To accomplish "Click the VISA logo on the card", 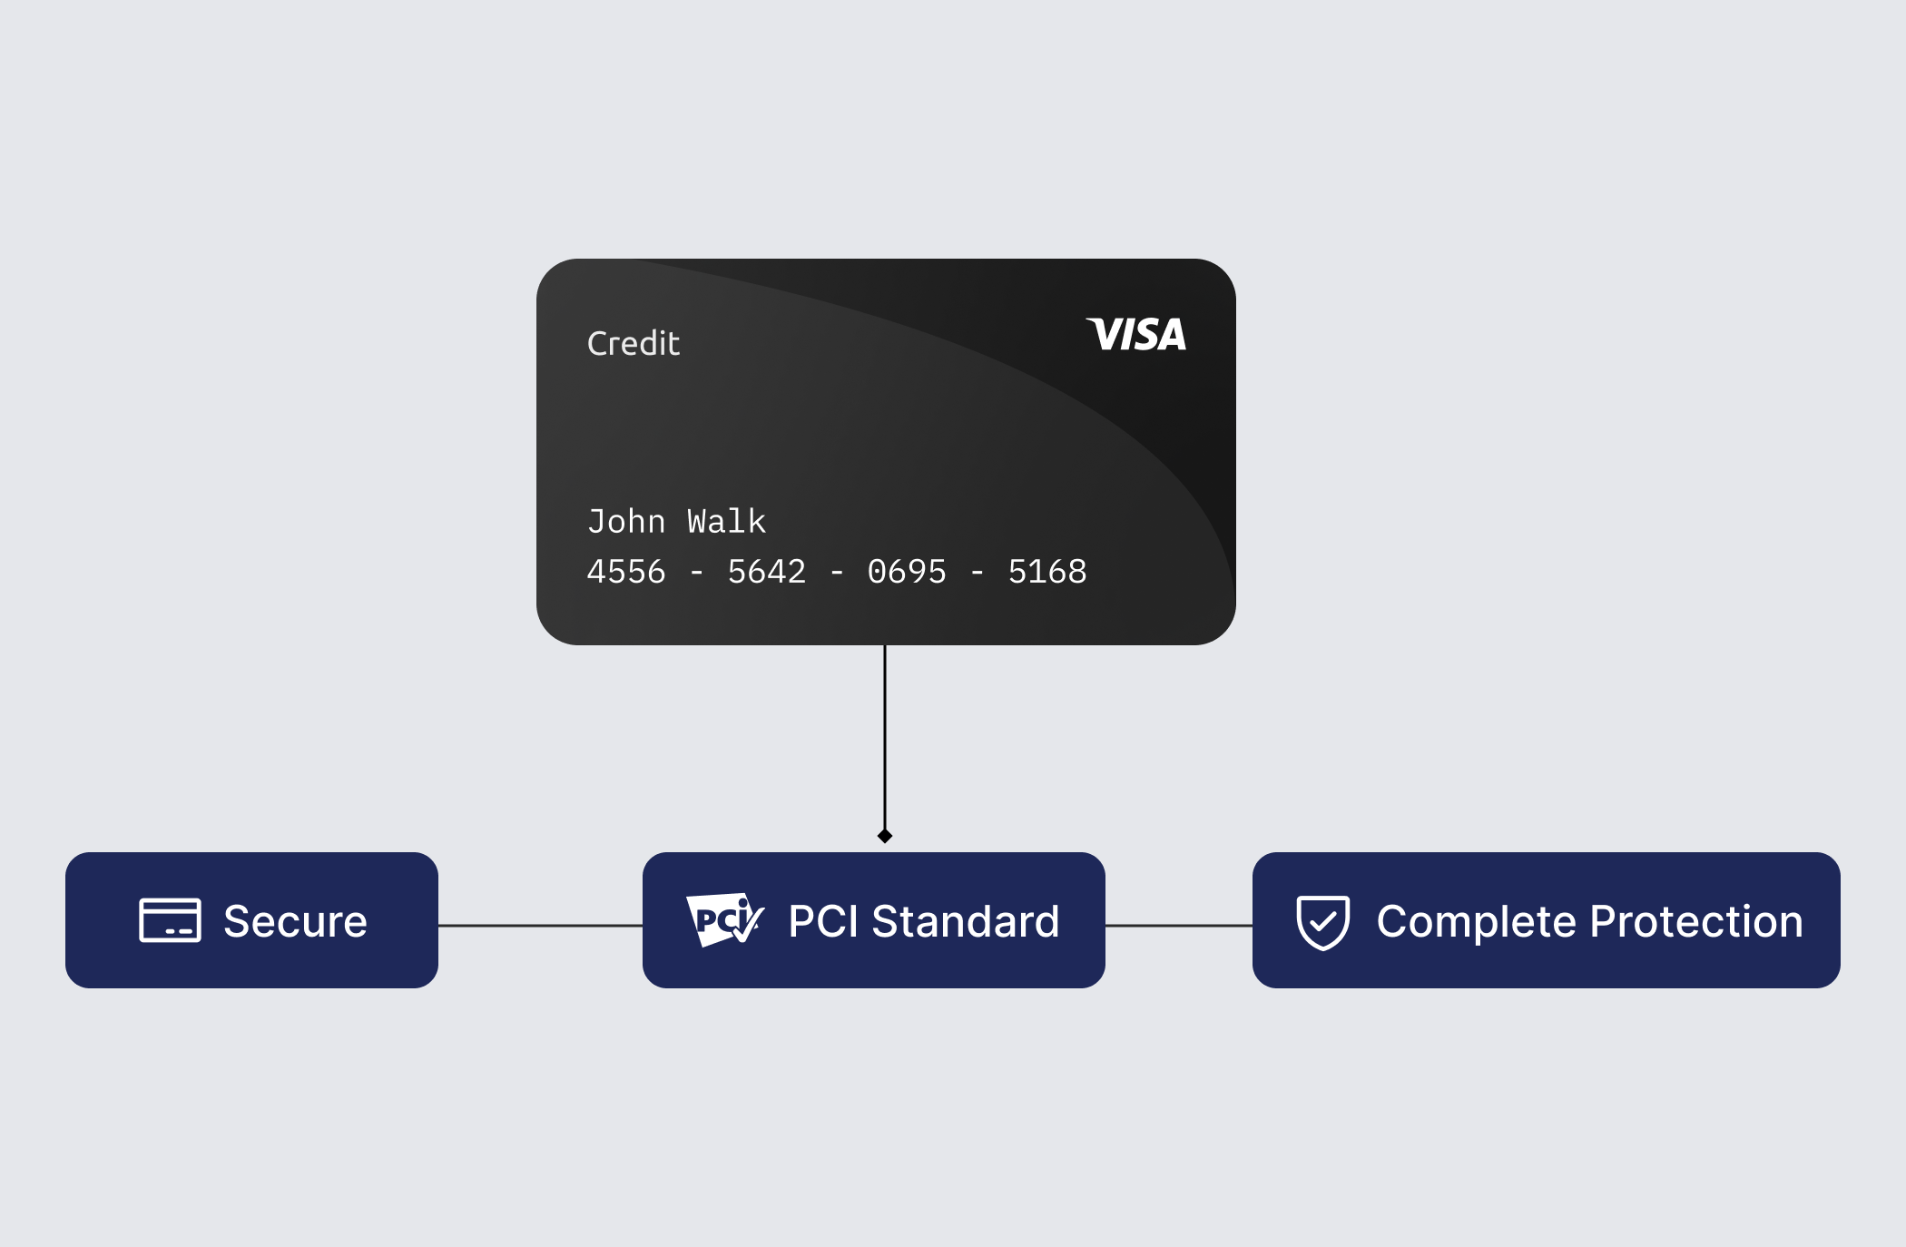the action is coord(1136,334).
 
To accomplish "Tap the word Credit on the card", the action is coord(634,343).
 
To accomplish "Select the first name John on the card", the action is coord(626,522).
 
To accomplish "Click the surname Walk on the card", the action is coord(726,521).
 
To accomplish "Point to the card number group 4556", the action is coord(626,572).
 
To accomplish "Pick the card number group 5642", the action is coord(767,572).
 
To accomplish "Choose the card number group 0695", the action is coord(907,572).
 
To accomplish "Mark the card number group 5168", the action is coord(1047,572).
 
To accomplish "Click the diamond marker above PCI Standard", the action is coord(885,836).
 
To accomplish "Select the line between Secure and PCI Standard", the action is coord(540,926).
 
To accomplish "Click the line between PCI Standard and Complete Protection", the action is coord(1179,926).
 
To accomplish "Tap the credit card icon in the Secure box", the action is coord(170,920).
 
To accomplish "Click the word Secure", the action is coord(295,921).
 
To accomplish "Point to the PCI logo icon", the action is coord(725,919).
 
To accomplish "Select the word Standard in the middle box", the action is coord(966,921).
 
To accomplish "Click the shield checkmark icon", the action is coord(1323,922).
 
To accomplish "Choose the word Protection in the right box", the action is coord(1696,921).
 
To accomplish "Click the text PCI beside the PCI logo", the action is coord(823,921).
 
